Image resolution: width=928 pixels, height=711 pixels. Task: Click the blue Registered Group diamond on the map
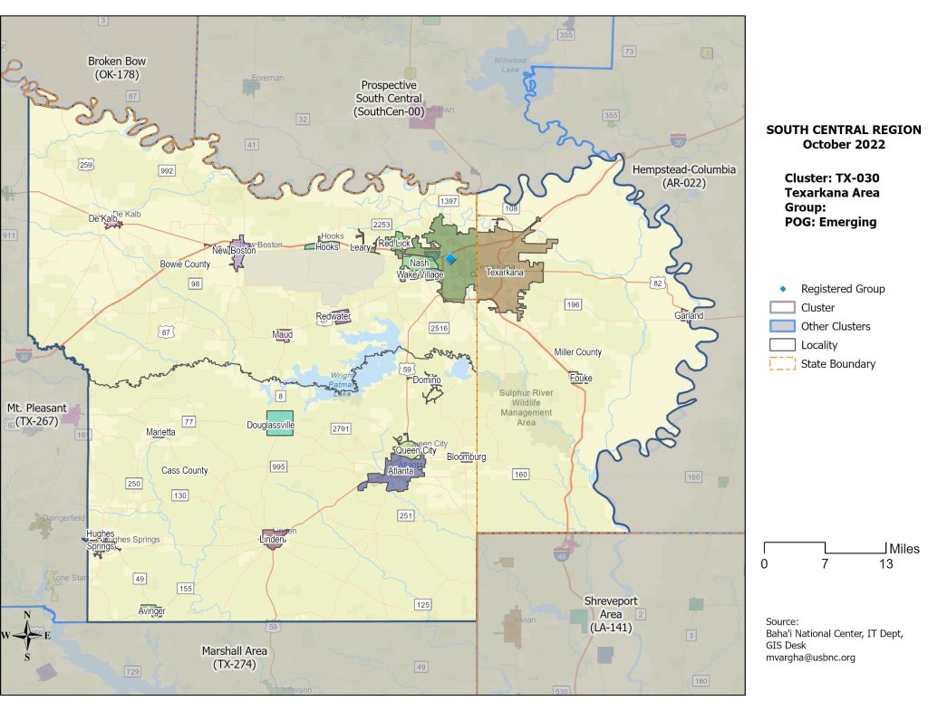[450, 259]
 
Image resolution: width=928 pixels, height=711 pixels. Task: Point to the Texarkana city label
[505, 272]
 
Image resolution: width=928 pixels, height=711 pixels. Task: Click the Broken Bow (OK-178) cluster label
[117, 68]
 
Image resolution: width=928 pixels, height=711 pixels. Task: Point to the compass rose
[27, 635]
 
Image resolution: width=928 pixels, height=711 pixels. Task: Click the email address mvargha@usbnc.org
[810, 658]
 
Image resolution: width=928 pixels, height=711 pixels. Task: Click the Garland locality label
[689, 316]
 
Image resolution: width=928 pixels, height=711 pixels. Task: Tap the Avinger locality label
[151, 611]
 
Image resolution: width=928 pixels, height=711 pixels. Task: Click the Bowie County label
[185, 264]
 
